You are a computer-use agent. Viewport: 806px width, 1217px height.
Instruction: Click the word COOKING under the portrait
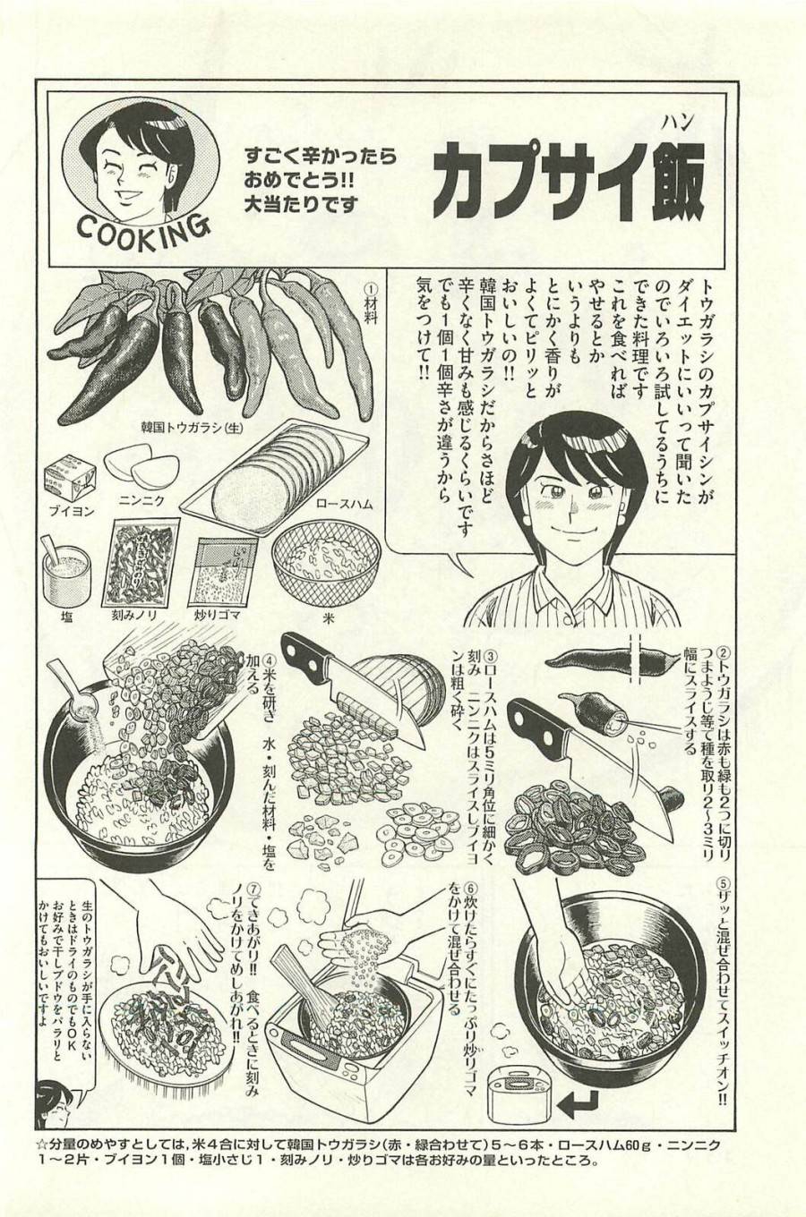[143, 230]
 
